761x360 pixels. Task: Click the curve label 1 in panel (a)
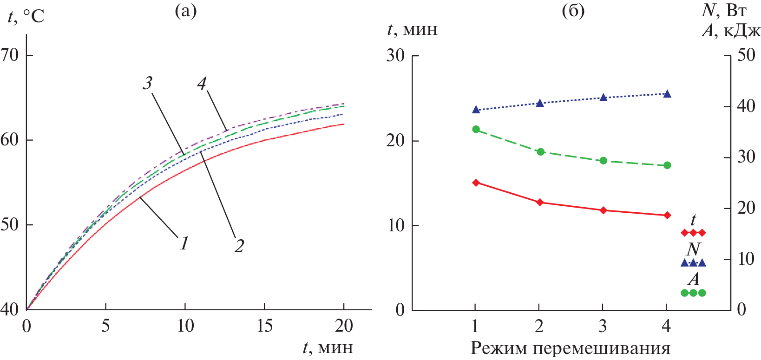(x=184, y=243)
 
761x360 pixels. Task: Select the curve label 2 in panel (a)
(x=239, y=246)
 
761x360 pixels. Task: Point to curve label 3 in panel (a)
(x=147, y=83)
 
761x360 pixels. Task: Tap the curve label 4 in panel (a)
(x=202, y=84)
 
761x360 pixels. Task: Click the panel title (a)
(x=186, y=11)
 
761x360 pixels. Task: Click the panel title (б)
(x=573, y=11)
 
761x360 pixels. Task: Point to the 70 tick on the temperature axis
(x=10, y=55)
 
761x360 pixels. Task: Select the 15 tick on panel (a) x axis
(x=264, y=326)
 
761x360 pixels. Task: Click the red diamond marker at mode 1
(x=476, y=183)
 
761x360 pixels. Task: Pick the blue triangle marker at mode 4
(x=667, y=94)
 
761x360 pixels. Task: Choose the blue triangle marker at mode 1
(x=476, y=110)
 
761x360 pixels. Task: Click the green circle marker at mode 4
(x=667, y=165)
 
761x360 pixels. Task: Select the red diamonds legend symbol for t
(x=693, y=232)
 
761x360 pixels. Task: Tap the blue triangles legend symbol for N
(x=693, y=263)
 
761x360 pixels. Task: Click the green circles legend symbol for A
(x=693, y=293)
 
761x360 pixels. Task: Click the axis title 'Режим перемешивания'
(x=571, y=348)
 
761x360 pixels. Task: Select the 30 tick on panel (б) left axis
(x=395, y=56)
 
